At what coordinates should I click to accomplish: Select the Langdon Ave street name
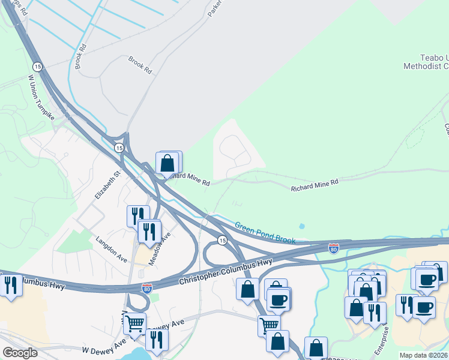click(112, 249)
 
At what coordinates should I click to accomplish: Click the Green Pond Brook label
click(265, 233)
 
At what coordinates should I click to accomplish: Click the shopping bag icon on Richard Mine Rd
click(168, 163)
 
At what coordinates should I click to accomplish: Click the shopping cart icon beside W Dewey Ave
click(134, 324)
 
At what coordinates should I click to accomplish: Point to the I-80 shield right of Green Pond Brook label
click(333, 248)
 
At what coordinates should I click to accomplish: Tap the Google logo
click(20, 353)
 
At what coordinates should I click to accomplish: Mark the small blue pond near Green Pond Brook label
click(301, 226)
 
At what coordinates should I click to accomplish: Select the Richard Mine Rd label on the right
click(315, 185)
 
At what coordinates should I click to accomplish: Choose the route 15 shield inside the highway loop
click(222, 240)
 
